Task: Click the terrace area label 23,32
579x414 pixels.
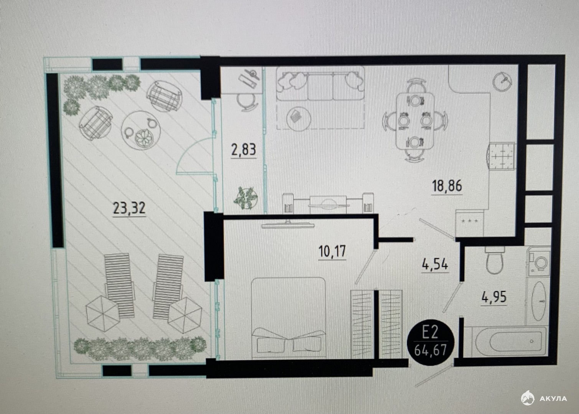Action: click(129, 209)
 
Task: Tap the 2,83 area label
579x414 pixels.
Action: click(244, 149)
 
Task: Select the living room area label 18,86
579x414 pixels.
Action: click(447, 186)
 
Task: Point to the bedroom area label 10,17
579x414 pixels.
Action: click(332, 251)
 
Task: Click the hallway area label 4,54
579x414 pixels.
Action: click(435, 265)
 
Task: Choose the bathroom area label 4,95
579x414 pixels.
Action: click(494, 297)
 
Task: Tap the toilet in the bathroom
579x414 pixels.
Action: click(495, 260)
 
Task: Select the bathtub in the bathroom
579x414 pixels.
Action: click(505, 342)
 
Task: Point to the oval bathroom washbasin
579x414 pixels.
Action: click(539, 301)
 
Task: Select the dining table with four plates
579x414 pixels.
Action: click(415, 121)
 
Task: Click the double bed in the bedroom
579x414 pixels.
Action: click(288, 318)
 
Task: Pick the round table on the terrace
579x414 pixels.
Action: click(141, 131)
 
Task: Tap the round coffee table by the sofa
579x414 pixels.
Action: click(299, 119)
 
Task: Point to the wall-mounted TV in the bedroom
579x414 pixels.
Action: click(288, 226)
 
